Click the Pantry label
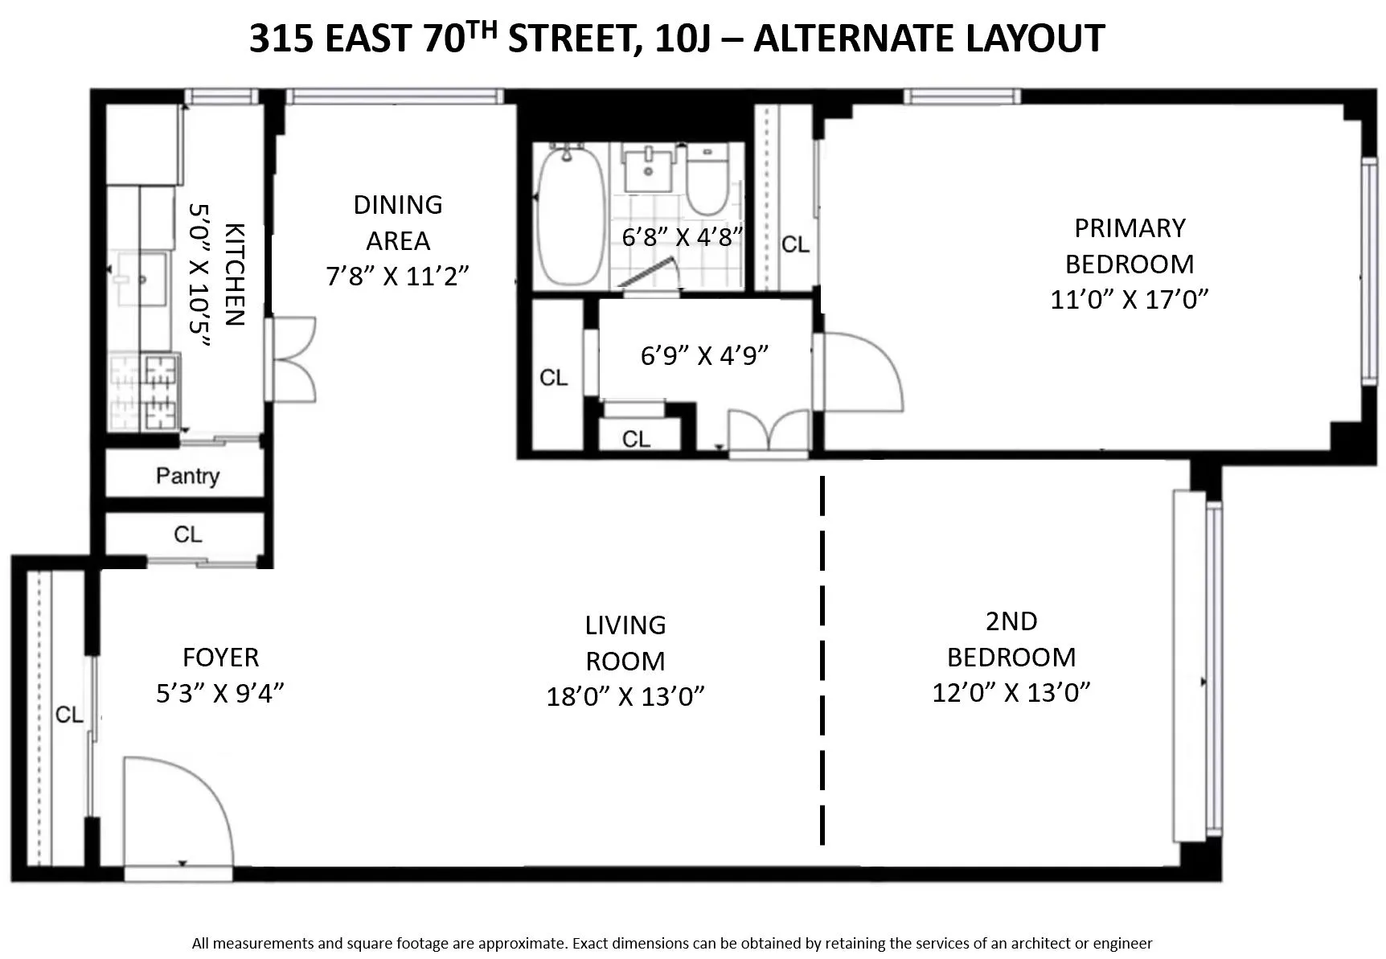tap(187, 476)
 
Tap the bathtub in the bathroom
tap(569, 215)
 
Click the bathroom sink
tap(648, 169)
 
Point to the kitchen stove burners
tap(160, 391)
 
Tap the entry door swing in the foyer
tap(177, 808)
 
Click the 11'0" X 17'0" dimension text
tap(1129, 300)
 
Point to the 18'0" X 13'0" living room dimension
tap(625, 696)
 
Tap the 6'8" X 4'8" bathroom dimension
tap(681, 237)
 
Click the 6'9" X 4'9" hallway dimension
tap(704, 355)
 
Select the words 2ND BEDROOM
tap(1011, 639)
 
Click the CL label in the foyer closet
tap(69, 715)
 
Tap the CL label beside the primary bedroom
tap(795, 244)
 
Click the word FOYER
tap(220, 658)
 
